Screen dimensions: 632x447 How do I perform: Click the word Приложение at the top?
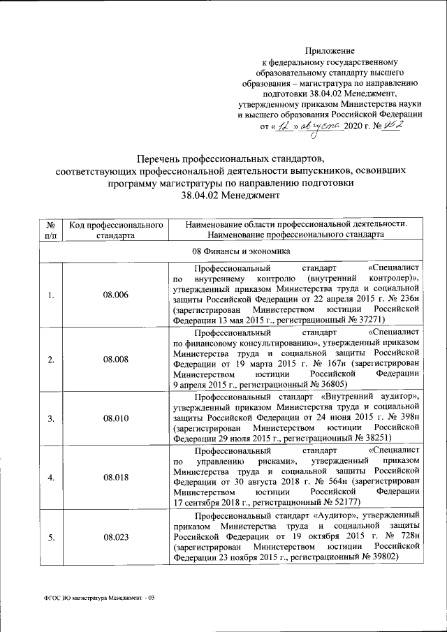(330, 51)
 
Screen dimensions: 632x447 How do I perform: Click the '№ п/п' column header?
(50, 230)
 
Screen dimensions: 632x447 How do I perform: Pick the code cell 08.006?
(116, 295)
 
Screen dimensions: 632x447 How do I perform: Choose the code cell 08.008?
(116, 359)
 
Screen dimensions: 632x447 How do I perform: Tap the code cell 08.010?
(116, 418)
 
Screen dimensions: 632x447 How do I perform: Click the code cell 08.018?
(116, 477)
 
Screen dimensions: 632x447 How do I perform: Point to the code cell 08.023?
(116, 537)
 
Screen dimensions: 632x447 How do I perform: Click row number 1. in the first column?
(50, 295)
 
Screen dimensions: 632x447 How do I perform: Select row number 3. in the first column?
(50, 418)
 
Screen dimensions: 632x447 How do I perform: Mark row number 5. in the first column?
(50, 537)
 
